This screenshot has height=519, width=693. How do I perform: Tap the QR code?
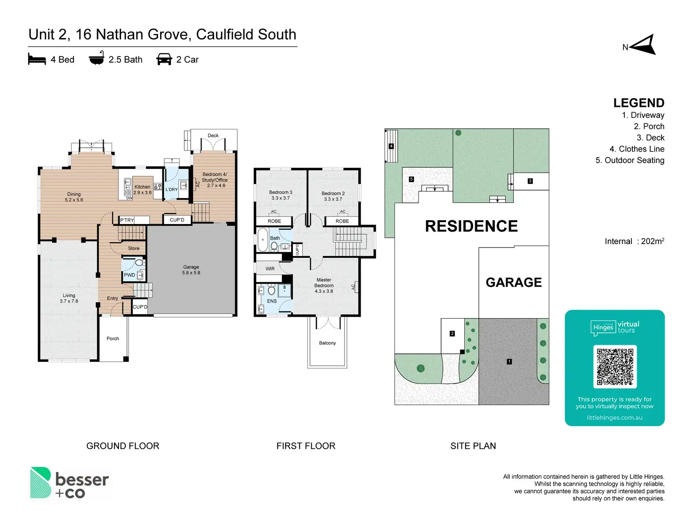coord(615,367)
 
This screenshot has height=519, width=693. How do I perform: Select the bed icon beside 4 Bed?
coord(37,59)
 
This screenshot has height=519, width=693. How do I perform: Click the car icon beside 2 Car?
coord(164,59)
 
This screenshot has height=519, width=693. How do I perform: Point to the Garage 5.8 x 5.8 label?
coord(191,270)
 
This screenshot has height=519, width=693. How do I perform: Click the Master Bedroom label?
coord(323,285)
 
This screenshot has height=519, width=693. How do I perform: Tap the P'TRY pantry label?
coord(127,220)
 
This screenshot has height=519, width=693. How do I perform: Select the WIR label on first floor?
coord(270,269)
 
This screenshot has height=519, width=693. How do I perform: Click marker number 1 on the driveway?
coord(509,361)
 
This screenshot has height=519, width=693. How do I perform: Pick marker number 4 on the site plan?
coord(391,146)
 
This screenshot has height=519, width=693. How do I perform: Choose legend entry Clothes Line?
coord(637,149)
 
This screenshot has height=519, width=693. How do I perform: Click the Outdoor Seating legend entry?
coord(630,160)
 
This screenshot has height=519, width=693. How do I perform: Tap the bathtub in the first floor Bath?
coord(262,240)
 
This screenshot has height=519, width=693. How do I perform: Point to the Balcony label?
coord(327,343)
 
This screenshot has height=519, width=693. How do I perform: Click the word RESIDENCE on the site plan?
coord(471,226)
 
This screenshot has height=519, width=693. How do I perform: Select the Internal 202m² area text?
coord(635,241)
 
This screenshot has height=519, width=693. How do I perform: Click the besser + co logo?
coord(69,483)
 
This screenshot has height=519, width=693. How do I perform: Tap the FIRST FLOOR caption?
coord(306,446)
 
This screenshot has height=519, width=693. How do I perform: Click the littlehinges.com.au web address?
coord(614,418)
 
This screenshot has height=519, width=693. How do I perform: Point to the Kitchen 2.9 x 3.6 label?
coord(142,190)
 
